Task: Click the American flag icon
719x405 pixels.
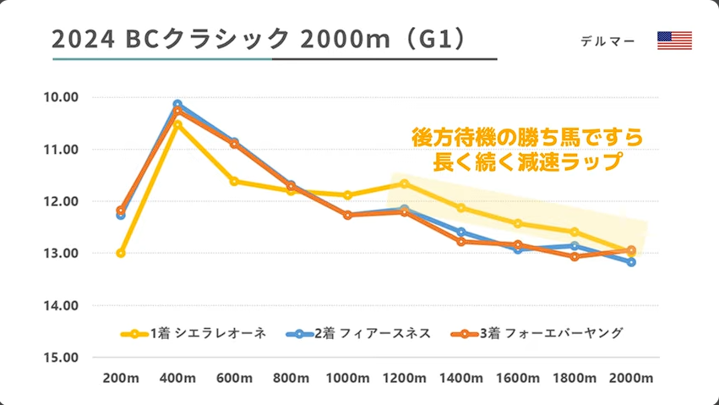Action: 674,41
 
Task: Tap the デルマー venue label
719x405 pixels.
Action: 607,41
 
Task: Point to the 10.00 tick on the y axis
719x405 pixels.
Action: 60,97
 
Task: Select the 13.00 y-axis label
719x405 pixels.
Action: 60,254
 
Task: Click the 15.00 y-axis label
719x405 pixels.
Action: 60,358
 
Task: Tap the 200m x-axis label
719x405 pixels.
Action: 120,376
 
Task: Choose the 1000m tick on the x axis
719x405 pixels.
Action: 348,376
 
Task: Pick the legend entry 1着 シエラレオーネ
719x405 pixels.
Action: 193,333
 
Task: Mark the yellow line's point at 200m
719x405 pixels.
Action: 121,253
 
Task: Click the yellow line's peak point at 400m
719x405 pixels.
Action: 177,124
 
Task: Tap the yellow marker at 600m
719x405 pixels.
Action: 234,181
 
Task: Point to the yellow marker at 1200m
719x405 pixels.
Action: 405,183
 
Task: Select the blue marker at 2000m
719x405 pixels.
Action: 632,262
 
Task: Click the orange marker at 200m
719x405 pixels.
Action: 121,210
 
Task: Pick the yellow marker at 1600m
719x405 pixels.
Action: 518,223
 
